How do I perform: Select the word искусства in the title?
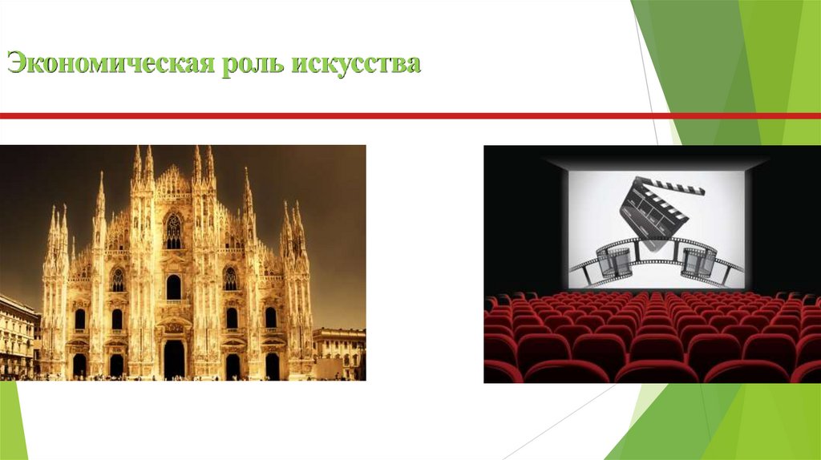pyautogui.click(x=356, y=63)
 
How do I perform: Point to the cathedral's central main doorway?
pyautogui.click(x=174, y=358)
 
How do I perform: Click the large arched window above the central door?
pyautogui.click(x=174, y=286)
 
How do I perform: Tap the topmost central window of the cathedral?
pyautogui.click(x=173, y=232)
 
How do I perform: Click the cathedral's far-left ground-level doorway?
pyautogui.click(x=79, y=365)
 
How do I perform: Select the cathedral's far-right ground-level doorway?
pyautogui.click(x=272, y=365)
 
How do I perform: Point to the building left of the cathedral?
pyautogui.click(x=18, y=337)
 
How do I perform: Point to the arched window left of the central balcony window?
pyautogui.click(x=118, y=280)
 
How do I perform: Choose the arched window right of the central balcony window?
pyautogui.click(x=230, y=279)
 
